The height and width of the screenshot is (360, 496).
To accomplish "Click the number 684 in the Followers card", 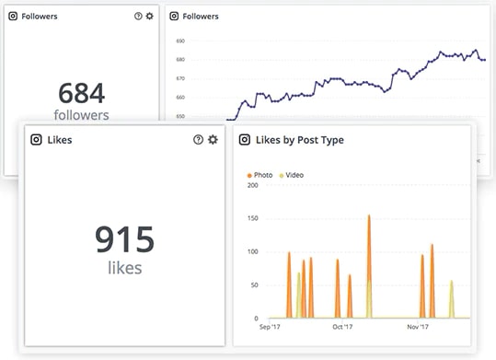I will pos(81,93).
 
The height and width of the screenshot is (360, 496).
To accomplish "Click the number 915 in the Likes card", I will pos(124,239).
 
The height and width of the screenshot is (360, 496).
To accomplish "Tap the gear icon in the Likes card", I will pos(213,139).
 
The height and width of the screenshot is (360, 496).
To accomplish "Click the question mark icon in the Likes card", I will pos(198,139).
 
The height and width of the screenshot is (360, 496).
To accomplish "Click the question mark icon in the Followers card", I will pos(137,17).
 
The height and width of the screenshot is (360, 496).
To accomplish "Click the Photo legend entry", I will pos(260,175).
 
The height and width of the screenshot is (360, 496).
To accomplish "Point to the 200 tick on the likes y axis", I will pos(252,185).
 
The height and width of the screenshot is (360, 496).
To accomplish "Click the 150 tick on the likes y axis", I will pos(252,218).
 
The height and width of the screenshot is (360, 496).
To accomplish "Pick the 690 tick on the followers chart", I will pos(180,41).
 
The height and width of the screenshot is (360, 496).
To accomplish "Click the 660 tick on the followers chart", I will pos(180,98).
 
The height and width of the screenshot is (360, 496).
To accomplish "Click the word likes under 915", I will pos(124,267).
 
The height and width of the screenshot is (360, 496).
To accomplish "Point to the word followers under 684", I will pos(81,115).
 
